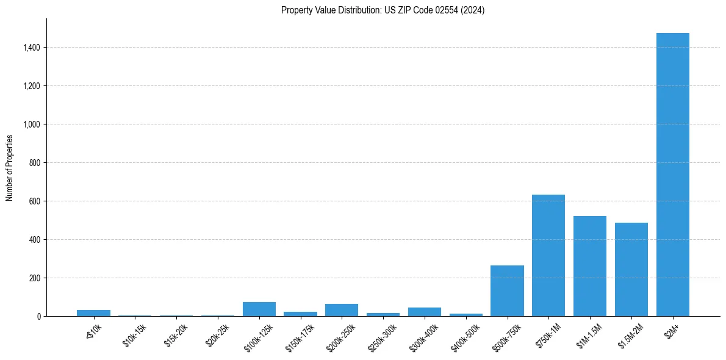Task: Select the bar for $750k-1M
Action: pyautogui.click(x=548, y=256)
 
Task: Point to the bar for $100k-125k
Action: pyautogui.click(x=259, y=309)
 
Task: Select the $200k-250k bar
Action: pyautogui.click(x=342, y=310)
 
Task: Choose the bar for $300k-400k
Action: pyautogui.click(x=424, y=312)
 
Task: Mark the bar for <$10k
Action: pyautogui.click(x=93, y=313)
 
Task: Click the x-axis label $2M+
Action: pyautogui.click(x=672, y=330)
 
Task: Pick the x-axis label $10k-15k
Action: pyautogui.click(x=135, y=335)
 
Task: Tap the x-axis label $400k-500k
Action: pyautogui.click(x=465, y=336)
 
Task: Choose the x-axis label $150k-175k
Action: pyautogui.click(x=300, y=336)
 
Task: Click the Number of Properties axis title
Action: pyautogui.click(x=10, y=168)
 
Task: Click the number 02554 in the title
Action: pyautogui.click(x=446, y=10)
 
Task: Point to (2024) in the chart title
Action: pyautogui.click(x=473, y=10)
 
